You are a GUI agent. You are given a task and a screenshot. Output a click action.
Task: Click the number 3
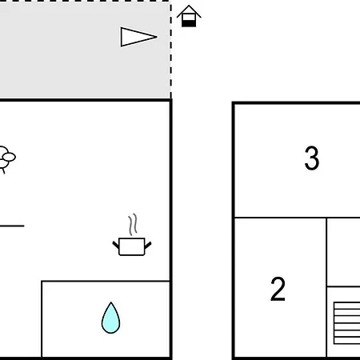pyautogui.click(x=312, y=158)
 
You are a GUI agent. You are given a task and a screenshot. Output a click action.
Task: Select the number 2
pyautogui.click(x=278, y=289)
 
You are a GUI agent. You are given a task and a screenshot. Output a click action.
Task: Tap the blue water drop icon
pyautogui.click(x=110, y=318)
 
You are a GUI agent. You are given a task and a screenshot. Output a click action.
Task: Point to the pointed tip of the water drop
pyautogui.click(x=111, y=302)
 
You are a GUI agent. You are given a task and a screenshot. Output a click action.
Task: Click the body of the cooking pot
pyautogui.click(x=132, y=246)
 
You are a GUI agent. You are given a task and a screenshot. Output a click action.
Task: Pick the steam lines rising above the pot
pyautogui.click(x=133, y=225)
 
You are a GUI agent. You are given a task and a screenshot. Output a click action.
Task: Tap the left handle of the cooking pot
pyautogui.click(x=116, y=245)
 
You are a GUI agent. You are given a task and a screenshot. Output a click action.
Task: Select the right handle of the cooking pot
pyautogui.click(x=148, y=245)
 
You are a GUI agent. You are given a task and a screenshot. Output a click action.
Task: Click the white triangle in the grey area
pyautogui.click(x=136, y=37)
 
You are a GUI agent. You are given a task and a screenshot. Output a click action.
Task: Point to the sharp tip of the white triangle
pyautogui.click(x=157, y=37)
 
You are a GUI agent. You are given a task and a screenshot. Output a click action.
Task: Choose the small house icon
pyautogui.click(x=189, y=16)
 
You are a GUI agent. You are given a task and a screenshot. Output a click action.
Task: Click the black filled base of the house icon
pyautogui.click(x=189, y=23)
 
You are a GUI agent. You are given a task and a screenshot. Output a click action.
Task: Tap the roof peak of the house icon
pyautogui.click(x=189, y=6)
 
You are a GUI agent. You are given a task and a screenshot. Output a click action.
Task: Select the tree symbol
pyautogui.click(x=6, y=159)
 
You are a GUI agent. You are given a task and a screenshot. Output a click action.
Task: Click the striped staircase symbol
pyautogui.click(x=346, y=323)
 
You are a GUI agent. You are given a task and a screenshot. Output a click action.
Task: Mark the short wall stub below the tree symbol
pyautogui.click(x=12, y=226)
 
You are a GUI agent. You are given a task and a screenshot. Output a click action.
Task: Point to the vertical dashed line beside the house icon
pyautogui.click(x=171, y=50)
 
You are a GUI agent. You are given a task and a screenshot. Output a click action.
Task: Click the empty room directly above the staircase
pyautogui.click(x=343, y=252)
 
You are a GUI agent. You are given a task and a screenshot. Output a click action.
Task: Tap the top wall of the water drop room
pyautogui.click(x=106, y=281)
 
